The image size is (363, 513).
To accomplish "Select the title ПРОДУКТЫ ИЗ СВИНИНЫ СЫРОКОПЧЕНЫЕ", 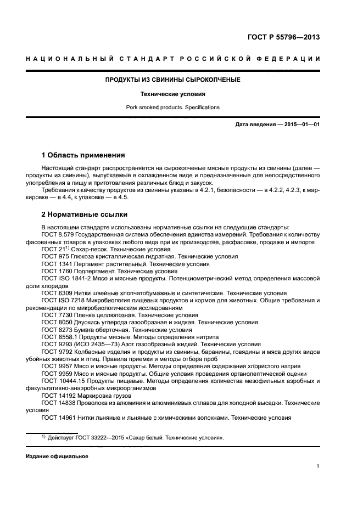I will (x=173, y=80).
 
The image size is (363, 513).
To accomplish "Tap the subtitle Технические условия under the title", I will (x=173, y=94).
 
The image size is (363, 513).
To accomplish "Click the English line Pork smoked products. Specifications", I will (x=173, y=107).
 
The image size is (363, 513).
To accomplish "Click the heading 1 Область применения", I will (x=83, y=155).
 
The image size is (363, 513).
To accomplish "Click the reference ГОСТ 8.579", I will (x=56, y=234).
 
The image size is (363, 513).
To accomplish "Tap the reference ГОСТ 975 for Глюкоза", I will (x=54, y=256).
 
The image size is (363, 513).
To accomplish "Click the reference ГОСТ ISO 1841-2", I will (x=64, y=279).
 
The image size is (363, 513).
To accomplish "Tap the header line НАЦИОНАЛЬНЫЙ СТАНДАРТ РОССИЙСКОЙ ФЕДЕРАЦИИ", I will (x=173, y=59).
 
